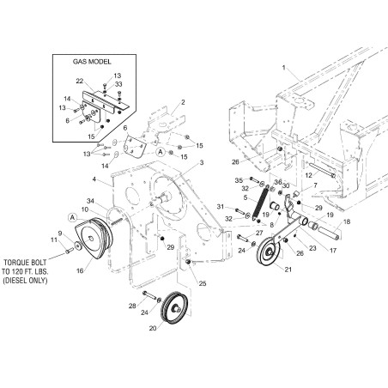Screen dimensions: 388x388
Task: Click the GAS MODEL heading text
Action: tap(92, 62)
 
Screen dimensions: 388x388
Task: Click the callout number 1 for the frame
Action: tap(284, 68)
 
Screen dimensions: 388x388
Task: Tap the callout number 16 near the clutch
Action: tap(80, 270)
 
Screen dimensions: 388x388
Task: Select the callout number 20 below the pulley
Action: tap(153, 328)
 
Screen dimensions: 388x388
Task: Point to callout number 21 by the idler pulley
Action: tap(288, 270)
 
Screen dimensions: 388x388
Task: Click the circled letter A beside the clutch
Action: tap(73, 218)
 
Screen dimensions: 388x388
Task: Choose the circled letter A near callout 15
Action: tap(161, 152)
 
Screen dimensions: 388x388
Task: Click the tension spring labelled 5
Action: tap(260, 203)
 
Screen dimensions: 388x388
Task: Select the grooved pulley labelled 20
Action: tap(174, 308)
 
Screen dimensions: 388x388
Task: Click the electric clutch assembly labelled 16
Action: tap(94, 238)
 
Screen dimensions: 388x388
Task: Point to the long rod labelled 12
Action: tap(321, 171)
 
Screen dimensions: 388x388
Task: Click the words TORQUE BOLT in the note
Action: tap(25, 263)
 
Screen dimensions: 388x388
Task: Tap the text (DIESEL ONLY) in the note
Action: tap(25, 281)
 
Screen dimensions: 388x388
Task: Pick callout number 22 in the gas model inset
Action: tap(80, 81)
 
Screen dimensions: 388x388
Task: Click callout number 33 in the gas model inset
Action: tap(118, 84)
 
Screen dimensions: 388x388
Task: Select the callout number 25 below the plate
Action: tap(203, 283)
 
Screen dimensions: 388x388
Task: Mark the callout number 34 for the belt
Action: tap(90, 201)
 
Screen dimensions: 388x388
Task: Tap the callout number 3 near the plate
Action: tap(202, 162)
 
